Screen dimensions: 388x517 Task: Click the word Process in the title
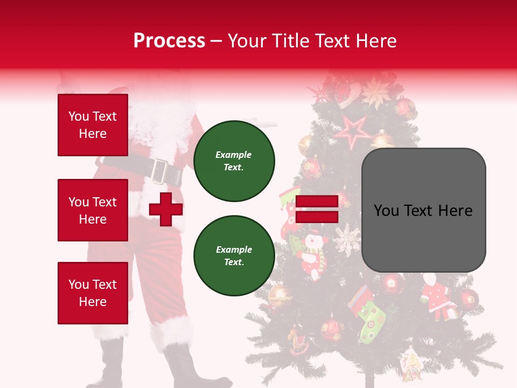click(x=169, y=41)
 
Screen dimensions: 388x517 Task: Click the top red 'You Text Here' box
click(x=93, y=125)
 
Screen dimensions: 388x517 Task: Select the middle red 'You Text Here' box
click(x=93, y=210)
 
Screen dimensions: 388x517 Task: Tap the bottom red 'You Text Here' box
click(x=93, y=293)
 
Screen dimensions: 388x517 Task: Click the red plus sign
click(x=166, y=209)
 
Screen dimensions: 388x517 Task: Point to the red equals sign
click(x=317, y=209)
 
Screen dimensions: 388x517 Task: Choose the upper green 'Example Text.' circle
click(x=234, y=161)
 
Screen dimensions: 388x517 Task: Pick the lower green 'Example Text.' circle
click(x=234, y=255)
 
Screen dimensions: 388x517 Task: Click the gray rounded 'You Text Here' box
click(x=423, y=210)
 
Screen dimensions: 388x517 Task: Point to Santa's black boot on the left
click(x=110, y=366)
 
